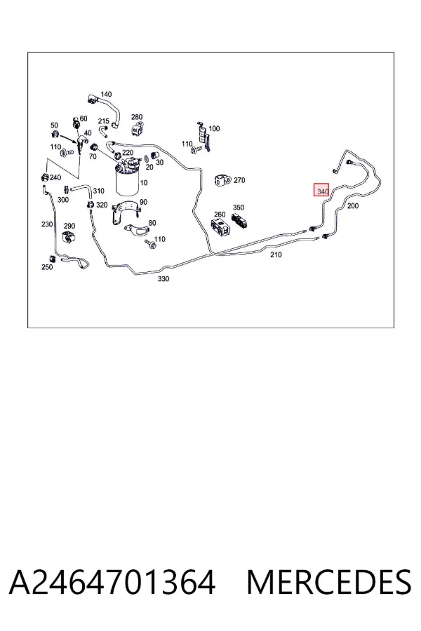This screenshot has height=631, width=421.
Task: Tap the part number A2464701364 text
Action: (x=112, y=582)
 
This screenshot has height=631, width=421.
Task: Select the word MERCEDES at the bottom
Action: (x=329, y=582)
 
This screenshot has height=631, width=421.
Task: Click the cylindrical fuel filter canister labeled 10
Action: (x=127, y=180)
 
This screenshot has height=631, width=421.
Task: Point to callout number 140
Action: (x=106, y=94)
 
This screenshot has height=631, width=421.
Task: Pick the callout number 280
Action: (x=137, y=117)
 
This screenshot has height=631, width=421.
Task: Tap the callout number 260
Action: (x=220, y=214)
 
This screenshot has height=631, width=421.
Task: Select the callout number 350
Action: (x=239, y=208)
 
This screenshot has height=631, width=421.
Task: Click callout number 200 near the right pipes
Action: (x=352, y=205)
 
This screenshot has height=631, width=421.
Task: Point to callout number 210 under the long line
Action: (x=276, y=255)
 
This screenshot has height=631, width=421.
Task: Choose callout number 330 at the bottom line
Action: (x=163, y=278)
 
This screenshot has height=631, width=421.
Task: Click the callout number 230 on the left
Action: (x=47, y=224)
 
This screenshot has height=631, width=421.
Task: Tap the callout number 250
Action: (x=47, y=267)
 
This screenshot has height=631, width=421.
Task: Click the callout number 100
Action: (x=214, y=128)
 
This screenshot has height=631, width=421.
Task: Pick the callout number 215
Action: (x=104, y=121)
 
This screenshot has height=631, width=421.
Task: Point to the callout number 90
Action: (x=143, y=202)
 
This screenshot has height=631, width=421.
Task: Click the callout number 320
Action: (x=102, y=205)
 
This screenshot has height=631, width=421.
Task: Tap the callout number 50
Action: (x=55, y=125)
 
